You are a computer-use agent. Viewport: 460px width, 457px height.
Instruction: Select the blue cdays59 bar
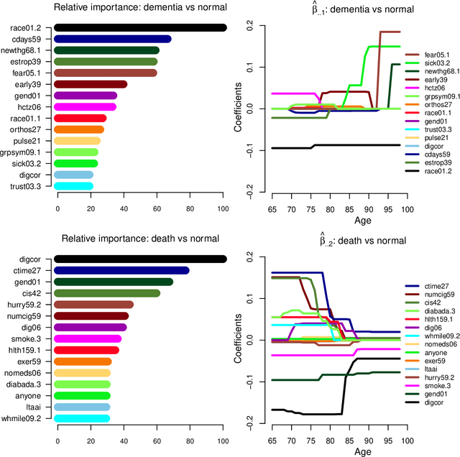click(113, 39)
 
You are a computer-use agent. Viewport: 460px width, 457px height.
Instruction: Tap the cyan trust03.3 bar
click(74, 186)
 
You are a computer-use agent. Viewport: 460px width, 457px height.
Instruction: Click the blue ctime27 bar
click(121, 270)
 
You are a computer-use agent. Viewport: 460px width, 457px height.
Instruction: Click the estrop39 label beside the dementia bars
click(29, 62)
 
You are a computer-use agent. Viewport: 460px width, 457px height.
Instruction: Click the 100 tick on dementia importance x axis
click(223, 208)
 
